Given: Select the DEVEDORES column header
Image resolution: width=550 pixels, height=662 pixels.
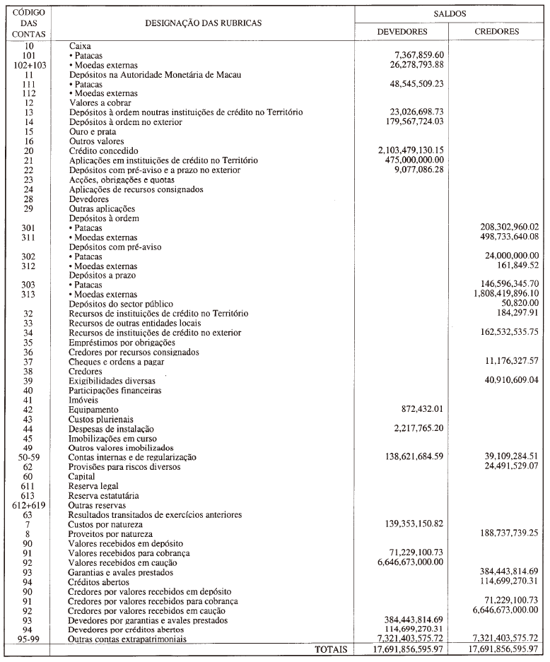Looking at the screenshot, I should (401, 32).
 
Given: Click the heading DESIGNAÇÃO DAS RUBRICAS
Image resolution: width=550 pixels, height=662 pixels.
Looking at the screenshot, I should (203, 23).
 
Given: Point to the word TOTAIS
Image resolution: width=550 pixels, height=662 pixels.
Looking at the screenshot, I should (329, 649).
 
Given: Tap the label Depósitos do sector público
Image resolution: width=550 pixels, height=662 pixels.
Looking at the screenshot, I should (121, 304).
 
